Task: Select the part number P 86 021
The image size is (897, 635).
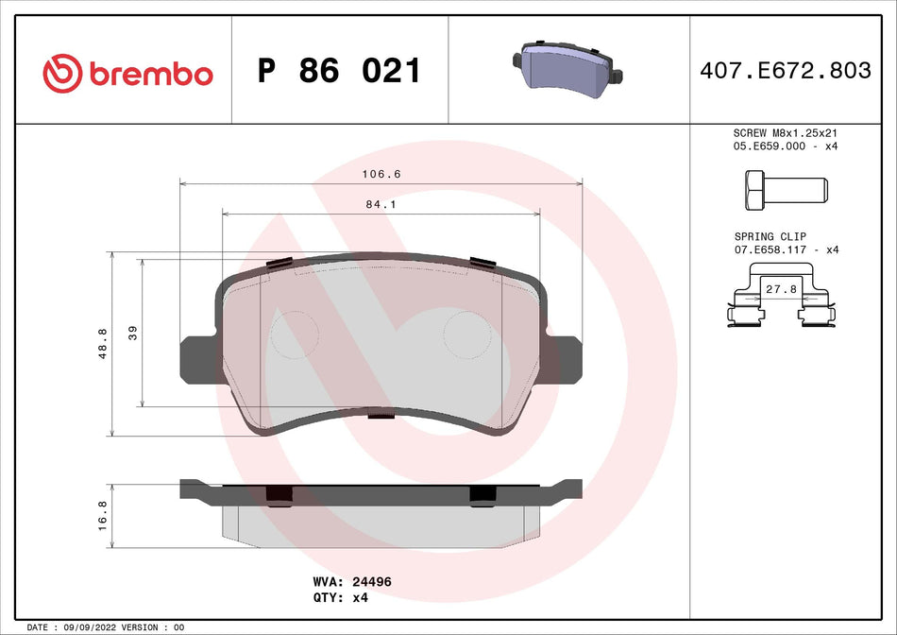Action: click(339, 71)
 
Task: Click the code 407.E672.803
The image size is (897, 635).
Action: click(784, 71)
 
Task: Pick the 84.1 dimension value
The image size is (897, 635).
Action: click(381, 203)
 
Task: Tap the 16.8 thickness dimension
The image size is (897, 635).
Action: click(103, 516)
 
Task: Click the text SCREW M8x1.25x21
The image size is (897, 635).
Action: click(787, 133)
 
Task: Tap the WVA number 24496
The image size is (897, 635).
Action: click(372, 583)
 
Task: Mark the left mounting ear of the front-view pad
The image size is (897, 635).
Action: click(195, 358)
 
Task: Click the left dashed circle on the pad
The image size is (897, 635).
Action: click(296, 334)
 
